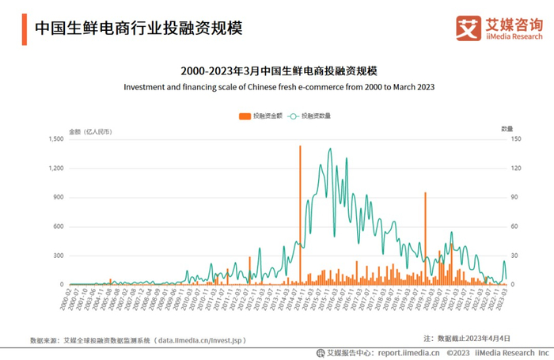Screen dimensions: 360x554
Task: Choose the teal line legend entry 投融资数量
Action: coord(309,116)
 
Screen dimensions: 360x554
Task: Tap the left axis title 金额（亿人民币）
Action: coord(90,128)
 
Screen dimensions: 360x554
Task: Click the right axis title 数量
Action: coord(507,128)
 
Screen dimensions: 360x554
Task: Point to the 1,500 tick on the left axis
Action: coord(55,139)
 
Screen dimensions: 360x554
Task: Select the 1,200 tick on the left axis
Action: coord(55,169)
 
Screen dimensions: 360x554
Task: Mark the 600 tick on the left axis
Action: coord(58,226)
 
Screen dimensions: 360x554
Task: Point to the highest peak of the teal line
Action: coord(329,149)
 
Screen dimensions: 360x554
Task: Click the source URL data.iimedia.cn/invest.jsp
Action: coord(201,339)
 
